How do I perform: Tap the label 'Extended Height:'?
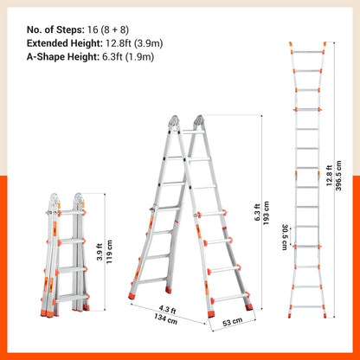pos(61,41)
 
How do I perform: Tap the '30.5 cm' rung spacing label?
pos(284,235)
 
